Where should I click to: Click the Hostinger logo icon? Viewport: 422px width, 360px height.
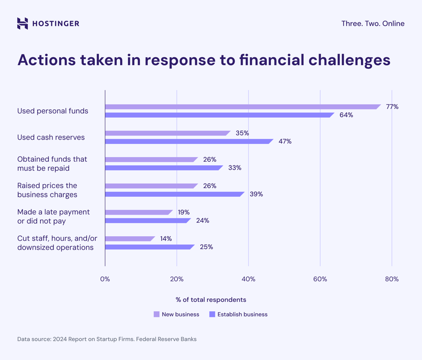coord(23,23)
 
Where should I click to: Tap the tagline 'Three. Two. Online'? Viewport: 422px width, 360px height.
coord(373,23)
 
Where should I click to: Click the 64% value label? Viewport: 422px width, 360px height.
coord(346,115)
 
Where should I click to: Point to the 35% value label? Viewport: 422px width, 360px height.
coord(242,133)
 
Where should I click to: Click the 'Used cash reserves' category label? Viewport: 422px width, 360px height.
coord(51,137)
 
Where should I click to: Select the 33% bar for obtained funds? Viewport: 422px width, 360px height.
coord(163,168)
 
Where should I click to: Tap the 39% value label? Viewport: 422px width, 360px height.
coord(256,194)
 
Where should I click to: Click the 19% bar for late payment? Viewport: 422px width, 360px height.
coord(138,212)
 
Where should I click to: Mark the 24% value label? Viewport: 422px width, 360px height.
coord(203,220)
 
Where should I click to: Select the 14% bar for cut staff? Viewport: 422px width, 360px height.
coord(129,239)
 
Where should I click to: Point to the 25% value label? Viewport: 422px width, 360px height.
coord(206,247)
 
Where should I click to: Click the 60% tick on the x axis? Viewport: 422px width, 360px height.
coord(320,279)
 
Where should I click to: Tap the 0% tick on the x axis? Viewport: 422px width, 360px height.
coord(105,279)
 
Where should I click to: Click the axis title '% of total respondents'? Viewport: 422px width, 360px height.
coord(211,300)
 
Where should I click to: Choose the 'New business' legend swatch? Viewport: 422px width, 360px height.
coord(157,315)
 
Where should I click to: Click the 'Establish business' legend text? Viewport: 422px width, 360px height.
coord(242,315)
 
